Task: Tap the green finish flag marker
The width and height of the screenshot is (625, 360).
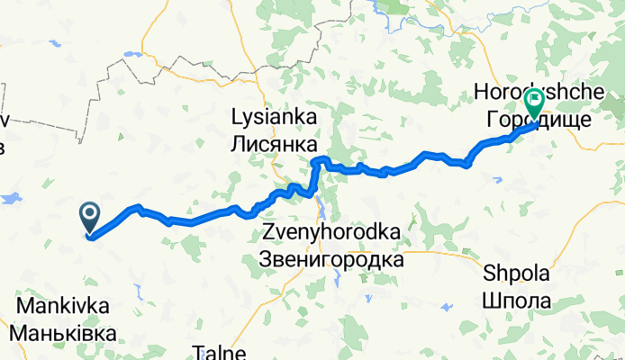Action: [534, 103]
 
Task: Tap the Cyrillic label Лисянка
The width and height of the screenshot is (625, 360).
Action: [275, 143]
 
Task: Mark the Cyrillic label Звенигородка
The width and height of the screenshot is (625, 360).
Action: [331, 259]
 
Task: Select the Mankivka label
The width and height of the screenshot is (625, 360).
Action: [63, 306]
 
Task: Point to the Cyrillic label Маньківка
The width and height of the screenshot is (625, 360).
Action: [63, 333]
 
